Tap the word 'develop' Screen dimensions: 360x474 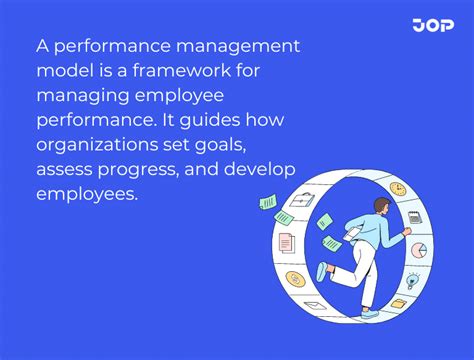pyautogui.click(x=263, y=169)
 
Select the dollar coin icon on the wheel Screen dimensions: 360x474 pyautogui.click(x=295, y=277)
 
